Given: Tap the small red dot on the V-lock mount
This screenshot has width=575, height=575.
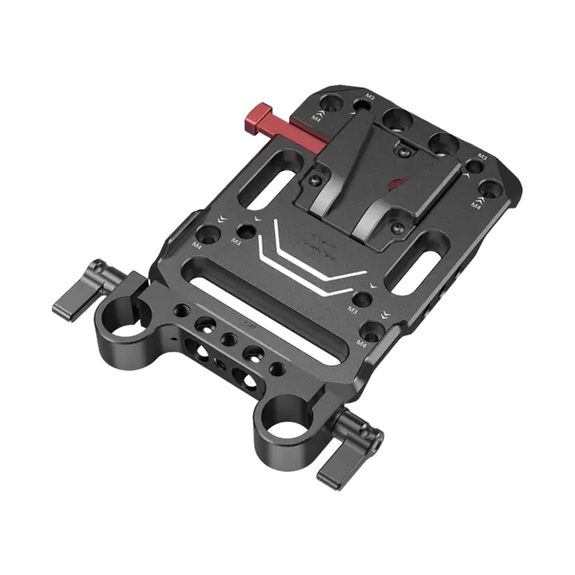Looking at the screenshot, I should (x=393, y=181).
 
